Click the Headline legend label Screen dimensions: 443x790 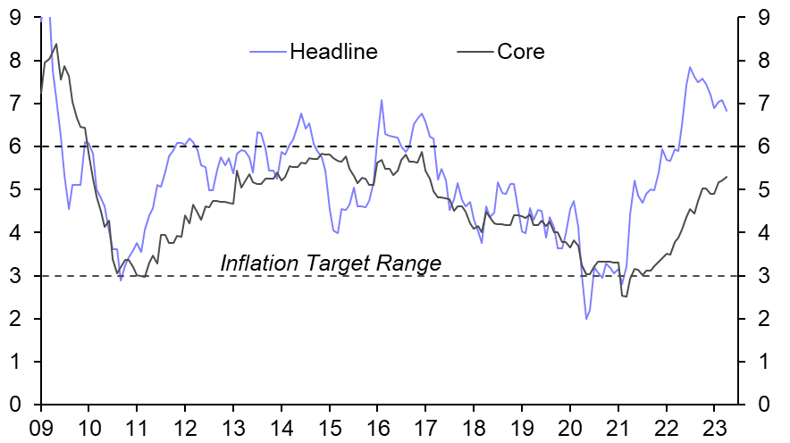coord(333,51)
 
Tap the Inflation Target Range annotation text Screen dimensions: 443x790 coord(331,263)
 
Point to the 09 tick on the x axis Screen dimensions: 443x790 coord(40,426)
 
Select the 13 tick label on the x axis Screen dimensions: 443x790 coord(233,426)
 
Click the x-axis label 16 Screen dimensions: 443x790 coord(377,426)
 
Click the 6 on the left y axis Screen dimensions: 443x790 coord(16,146)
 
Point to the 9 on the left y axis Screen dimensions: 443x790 coord(16,17)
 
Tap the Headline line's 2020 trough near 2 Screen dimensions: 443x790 coord(586,319)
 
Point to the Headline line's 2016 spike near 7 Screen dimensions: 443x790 coord(382,100)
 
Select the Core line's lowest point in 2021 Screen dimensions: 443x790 coord(626,297)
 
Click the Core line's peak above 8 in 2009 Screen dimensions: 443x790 coord(56,44)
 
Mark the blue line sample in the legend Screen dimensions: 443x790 coord(266,51)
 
